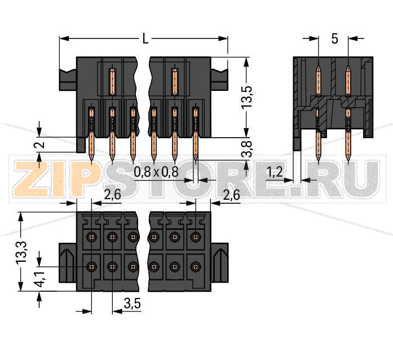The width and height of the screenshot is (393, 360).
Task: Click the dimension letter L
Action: (x=145, y=39)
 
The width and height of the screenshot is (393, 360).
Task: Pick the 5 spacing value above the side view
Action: (x=334, y=39)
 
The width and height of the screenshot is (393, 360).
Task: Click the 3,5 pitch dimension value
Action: (x=131, y=304)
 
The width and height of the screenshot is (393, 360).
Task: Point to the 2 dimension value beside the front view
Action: (x=38, y=145)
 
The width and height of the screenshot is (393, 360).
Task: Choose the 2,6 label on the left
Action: (x=113, y=195)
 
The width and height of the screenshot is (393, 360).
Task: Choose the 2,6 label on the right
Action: (x=232, y=195)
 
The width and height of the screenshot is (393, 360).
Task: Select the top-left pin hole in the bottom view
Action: (x=92, y=236)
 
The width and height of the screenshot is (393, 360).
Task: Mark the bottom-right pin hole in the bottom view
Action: (x=195, y=266)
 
